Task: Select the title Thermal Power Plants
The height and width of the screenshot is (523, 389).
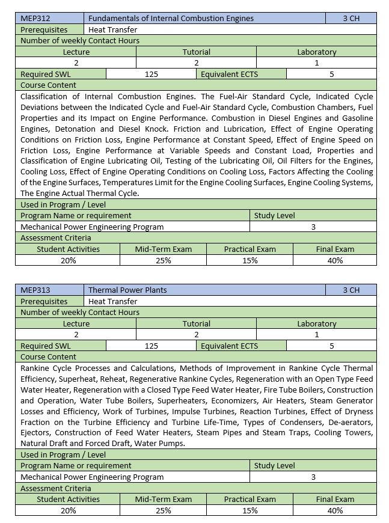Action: click(x=127, y=290)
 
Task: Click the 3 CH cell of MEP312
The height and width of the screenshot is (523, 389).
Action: click(x=351, y=18)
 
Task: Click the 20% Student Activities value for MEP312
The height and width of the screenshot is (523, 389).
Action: click(x=68, y=260)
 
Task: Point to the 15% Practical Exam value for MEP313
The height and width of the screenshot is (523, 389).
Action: click(x=250, y=510)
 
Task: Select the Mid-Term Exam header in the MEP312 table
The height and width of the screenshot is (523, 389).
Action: click(x=163, y=249)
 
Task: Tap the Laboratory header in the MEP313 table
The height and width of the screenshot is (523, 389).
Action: click(x=317, y=323)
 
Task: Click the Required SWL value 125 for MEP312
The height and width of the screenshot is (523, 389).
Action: click(x=152, y=74)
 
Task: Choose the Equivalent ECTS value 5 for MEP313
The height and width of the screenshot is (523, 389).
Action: click(x=331, y=346)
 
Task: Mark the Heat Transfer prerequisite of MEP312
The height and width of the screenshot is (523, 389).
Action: click(x=112, y=29)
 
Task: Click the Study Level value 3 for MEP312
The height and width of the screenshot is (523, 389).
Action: click(x=313, y=227)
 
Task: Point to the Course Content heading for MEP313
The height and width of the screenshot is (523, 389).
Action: click(x=48, y=356)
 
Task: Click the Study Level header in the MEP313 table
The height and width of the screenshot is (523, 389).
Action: click(x=274, y=465)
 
